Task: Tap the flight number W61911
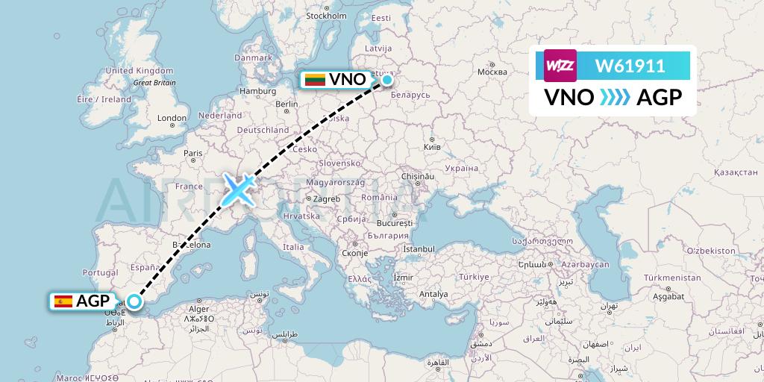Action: click(630, 66)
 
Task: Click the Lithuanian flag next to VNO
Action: click(314, 79)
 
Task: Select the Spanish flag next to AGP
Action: click(63, 301)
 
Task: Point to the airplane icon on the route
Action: click(238, 190)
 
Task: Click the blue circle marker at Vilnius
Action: click(387, 79)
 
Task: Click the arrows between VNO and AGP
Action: click(615, 98)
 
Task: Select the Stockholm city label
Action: click(327, 16)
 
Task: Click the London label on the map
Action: click(172, 118)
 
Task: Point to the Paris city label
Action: click(193, 153)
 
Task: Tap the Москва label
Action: click(492, 72)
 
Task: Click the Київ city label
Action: click(433, 146)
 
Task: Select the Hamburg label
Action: click(258, 91)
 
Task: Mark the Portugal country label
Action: click(101, 273)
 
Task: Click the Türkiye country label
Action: click(472, 276)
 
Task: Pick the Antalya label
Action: click(433, 294)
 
